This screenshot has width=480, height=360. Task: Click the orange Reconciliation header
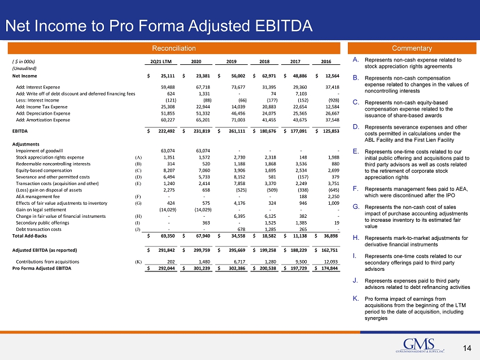click(x=174, y=49)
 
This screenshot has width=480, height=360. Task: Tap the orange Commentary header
click(x=412, y=49)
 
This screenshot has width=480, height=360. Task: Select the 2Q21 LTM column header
click(x=161, y=62)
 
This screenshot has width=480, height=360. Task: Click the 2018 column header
click(x=264, y=62)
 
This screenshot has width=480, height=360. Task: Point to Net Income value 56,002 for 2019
click(x=238, y=76)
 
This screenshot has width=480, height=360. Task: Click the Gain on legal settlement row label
click(x=41, y=210)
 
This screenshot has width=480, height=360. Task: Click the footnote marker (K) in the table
click(x=138, y=262)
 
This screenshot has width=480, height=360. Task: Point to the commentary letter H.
click(x=356, y=238)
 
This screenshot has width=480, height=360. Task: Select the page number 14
click(x=467, y=348)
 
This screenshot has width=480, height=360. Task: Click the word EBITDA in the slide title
click(x=284, y=26)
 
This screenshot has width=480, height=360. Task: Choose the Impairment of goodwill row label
click(x=39, y=151)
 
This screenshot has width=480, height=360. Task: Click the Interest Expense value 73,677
click(x=238, y=87)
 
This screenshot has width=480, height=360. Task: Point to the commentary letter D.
click(x=356, y=126)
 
